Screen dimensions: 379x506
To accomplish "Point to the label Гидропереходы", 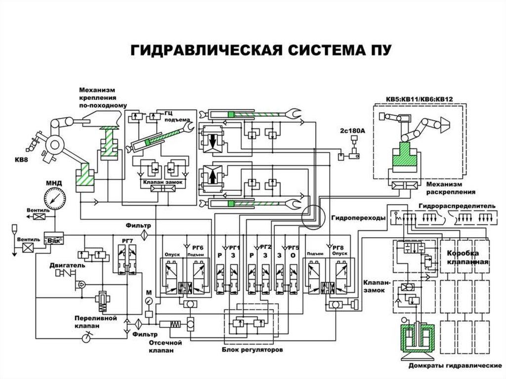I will tap(351, 217).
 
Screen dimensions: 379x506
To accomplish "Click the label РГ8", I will tap(338, 248).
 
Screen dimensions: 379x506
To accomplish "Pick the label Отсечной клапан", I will tap(165, 346).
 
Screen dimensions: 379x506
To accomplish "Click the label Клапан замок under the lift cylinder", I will tap(163, 182).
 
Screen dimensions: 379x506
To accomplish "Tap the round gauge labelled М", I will tap(149, 301).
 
